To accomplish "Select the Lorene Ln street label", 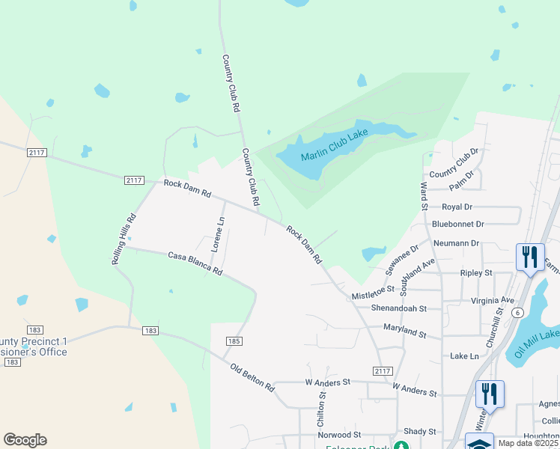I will pos(216,234).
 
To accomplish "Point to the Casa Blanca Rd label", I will pos(195,263).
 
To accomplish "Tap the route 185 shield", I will pos(233,341).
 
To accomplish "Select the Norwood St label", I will pos(339,435).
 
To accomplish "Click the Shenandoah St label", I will pos(398,308).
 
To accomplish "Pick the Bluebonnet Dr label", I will pos(458,224).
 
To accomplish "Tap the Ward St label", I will pos(424,195).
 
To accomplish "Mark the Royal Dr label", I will pos(457,207).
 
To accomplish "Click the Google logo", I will pos(25,440).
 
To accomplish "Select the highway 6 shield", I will pos(517,314).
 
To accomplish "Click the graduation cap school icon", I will pos(479,442).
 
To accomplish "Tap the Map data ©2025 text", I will pos(529,443).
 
